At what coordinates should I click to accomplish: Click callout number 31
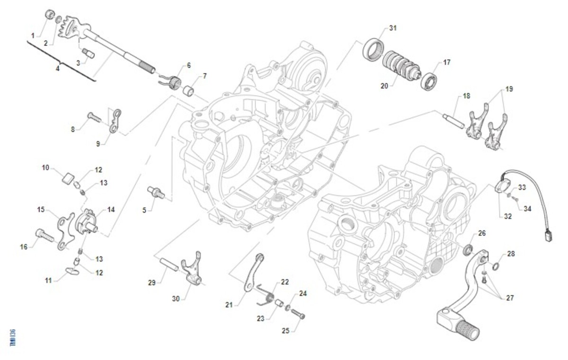click(392, 28)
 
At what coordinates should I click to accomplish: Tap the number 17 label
click(447, 62)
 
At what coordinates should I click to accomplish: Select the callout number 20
click(384, 86)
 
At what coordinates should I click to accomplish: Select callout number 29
click(151, 282)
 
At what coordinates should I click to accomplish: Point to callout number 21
click(229, 305)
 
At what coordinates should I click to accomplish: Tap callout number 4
click(57, 69)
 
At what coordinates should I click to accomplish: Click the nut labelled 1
click(49, 14)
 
